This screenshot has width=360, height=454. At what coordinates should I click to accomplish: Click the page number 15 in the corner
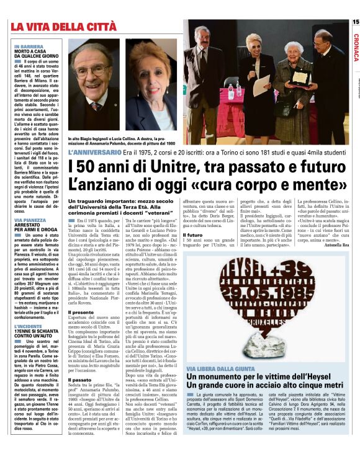[x=355, y=22]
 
